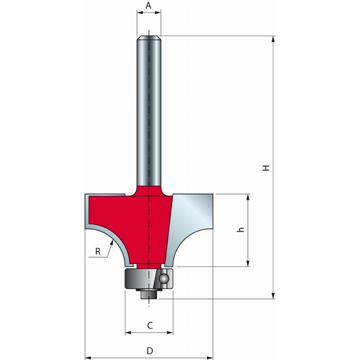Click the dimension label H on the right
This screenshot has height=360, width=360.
click(266, 168)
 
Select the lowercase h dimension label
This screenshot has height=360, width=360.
click(241, 229)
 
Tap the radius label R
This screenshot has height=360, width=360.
click(98, 252)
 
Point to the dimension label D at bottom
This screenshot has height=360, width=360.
click(150, 351)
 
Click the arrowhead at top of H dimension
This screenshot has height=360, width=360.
click(274, 40)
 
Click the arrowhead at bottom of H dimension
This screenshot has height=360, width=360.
click(274, 295)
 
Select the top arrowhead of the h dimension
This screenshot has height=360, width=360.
click(247, 198)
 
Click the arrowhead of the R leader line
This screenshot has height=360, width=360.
click(109, 255)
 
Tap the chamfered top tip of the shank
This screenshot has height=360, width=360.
click(148, 34)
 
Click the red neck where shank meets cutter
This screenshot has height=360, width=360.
click(148, 189)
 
